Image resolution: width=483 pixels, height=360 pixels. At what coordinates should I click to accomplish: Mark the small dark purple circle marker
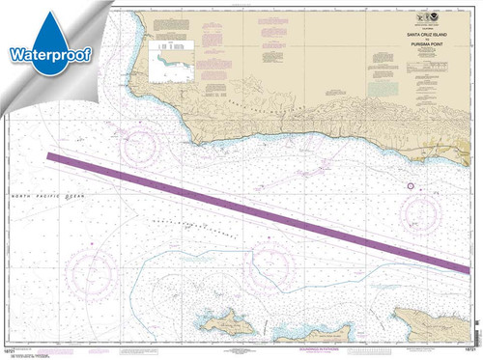click(410, 185)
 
